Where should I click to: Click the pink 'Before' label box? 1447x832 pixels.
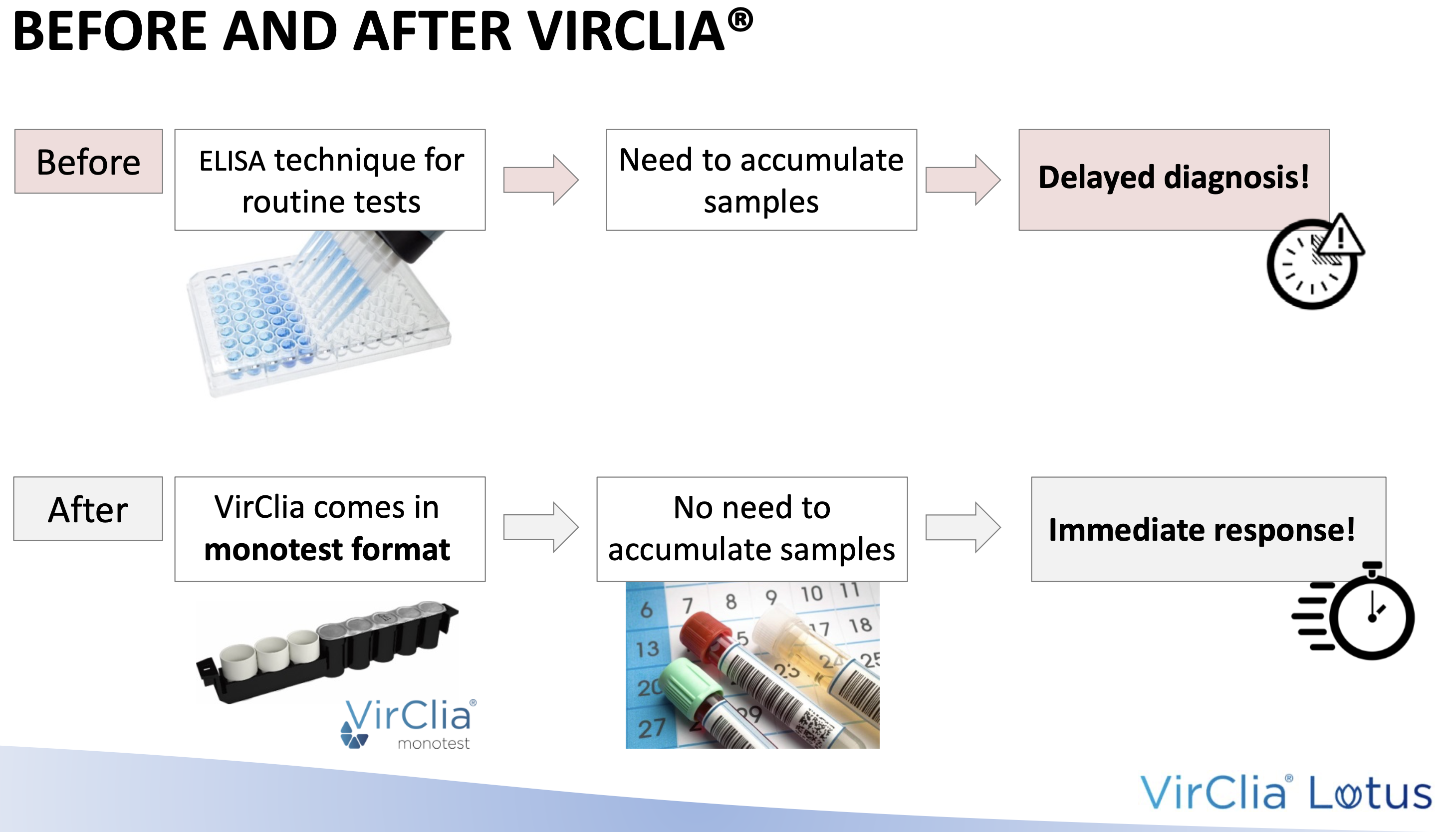[x=89, y=161]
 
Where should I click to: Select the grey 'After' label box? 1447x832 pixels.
[x=88, y=509]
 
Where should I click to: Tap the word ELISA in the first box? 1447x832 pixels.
[x=232, y=161]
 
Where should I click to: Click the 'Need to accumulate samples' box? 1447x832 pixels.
[x=761, y=180]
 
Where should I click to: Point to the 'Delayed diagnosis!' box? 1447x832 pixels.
[x=1174, y=180]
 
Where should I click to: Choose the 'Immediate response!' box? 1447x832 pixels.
[x=1208, y=529]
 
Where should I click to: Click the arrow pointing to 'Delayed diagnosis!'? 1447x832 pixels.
[x=963, y=180]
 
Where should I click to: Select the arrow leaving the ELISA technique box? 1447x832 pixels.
[x=540, y=180]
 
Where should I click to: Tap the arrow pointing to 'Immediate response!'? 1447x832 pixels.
[x=963, y=527]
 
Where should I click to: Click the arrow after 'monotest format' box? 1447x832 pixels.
[x=540, y=527]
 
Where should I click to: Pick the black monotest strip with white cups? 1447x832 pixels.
[x=327, y=651]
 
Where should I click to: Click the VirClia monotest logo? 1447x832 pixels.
[x=409, y=723]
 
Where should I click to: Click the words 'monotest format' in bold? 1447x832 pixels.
[x=327, y=549]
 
